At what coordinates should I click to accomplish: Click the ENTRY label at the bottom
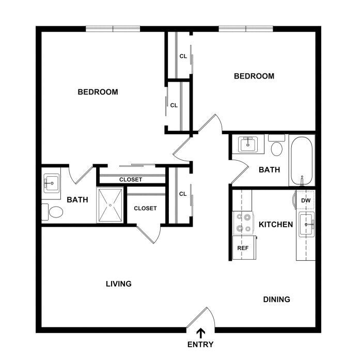pos(200,345)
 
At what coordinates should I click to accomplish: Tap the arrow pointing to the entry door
pos(201,333)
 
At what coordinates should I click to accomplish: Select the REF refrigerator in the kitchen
pos(244,248)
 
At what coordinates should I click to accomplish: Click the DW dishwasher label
pos(306,200)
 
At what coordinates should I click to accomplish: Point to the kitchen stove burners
pos(243,223)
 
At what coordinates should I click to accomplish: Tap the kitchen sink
pos(306,224)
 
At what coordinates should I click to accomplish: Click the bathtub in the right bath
pos(302,161)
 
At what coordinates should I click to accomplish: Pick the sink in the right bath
pos(248,144)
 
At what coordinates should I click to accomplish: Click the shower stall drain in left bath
pos(111,205)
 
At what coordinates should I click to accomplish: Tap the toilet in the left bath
pos(53,212)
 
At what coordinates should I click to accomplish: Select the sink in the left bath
pos(52,183)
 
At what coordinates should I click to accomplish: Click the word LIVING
pos(119,284)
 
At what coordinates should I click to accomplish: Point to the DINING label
pos(277,300)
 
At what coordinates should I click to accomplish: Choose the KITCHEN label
pos(276,225)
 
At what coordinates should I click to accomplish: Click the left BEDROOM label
pos(98,92)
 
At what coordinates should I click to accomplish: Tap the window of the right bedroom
pos(246,29)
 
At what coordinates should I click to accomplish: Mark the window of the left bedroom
pos(113,29)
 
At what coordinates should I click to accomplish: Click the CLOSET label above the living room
pos(145,208)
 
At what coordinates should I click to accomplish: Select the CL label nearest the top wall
pos(183,56)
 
